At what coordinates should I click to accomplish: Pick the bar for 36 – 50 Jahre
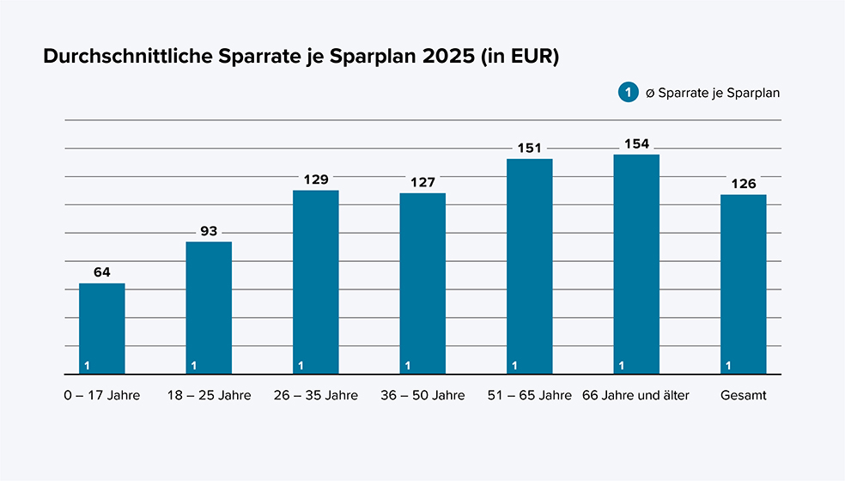(422, 283)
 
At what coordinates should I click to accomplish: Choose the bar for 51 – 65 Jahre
(529, 266)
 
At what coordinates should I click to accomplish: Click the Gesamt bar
(743, 284)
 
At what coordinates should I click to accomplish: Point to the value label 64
(101, 271)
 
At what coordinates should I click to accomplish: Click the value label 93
(209, 230)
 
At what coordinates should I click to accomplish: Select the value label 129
(315, 179)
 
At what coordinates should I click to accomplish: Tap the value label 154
(636, 143)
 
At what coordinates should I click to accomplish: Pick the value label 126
(743, 183)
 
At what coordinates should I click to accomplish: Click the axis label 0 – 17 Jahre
(101, 395)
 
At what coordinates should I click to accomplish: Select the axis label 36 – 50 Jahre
(422, 395)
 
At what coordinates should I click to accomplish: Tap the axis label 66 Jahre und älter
(635, 395)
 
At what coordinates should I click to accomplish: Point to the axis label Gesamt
(744, 395)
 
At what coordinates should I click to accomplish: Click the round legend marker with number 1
(627, 93)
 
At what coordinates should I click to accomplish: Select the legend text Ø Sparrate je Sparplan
(713, 93)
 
